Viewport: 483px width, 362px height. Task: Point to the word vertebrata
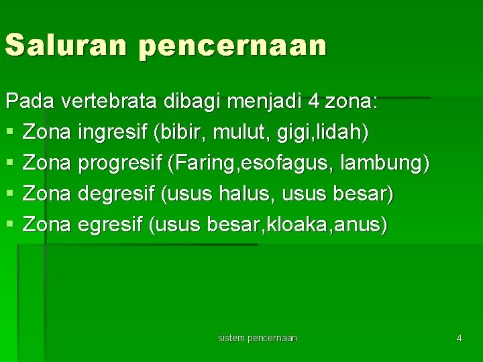click(109, 102)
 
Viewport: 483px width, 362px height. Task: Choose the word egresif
click(112, 225)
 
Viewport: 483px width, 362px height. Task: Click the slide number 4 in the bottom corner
click(459, 338)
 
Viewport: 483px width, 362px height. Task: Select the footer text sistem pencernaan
click(258, 338)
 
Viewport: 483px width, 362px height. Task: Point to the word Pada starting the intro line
click(30, 102)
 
